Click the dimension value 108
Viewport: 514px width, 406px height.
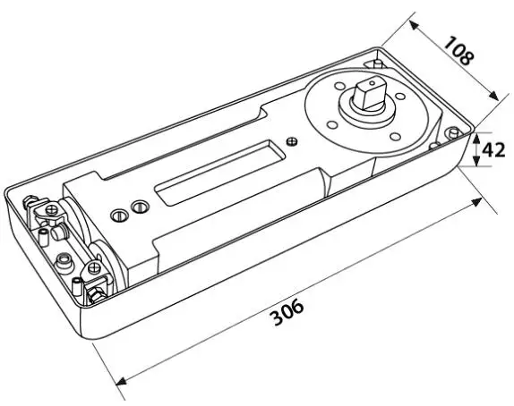[x=459, y=55]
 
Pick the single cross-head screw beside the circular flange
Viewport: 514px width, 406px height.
[x=289, y=140]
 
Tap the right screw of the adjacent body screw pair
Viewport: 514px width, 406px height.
[x=137, y=207]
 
